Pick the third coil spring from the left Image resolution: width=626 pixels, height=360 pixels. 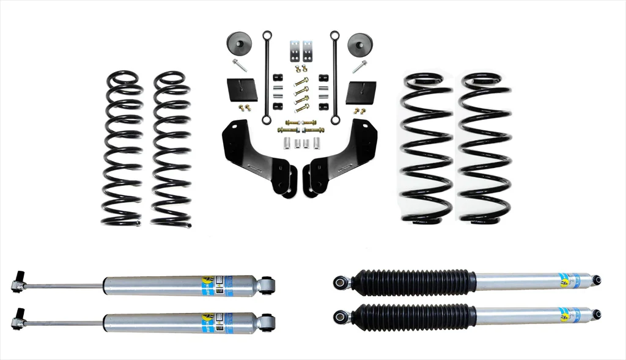pyautogui.click(x=426, y=147)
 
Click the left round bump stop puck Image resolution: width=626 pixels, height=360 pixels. pyautogui.click(x=239, y=45)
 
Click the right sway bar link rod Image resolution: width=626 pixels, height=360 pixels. pyautogui.click(x=334, y=76)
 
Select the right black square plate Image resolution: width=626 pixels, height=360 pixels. pyautogui.click(x=360, y=92)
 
